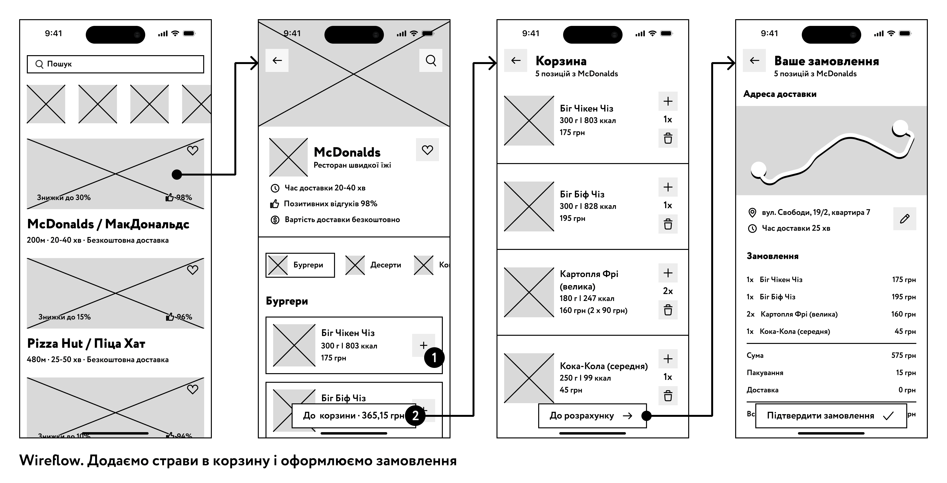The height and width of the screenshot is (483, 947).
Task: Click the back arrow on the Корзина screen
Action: pyautogui.click(x=516, y=60)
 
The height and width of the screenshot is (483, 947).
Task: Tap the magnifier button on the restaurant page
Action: pyautogui.click(x=431, y=60)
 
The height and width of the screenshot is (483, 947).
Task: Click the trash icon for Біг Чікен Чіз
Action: pyautogui.click(x=668, y=138)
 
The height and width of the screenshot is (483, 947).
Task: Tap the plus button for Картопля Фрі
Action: pyautogui.click(x=668, y=273)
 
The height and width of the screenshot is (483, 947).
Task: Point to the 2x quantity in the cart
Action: pyautogui.click(x=668, y=291)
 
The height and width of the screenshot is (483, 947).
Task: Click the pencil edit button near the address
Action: pyautogui.click(x=904, y=219)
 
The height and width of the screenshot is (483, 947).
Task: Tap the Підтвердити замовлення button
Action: pyautogui.click(x=831, y=416)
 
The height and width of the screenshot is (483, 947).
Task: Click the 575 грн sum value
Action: pyautogui.click(x=903, y=355)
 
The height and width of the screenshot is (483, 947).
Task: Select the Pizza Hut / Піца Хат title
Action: pyautogui.click(x=86, y=344)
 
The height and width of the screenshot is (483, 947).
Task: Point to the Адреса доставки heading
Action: pyautogui.click(x=780, y=94)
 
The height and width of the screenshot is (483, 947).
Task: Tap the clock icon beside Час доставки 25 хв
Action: pyautogui.click(x=752, y=229)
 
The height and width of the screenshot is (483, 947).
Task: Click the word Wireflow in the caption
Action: pyautogui.click(x=51, y=460)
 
